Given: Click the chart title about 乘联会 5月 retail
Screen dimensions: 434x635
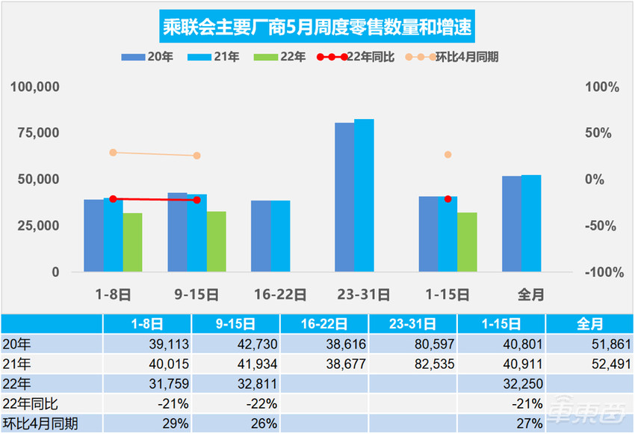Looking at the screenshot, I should (x=317, y=28).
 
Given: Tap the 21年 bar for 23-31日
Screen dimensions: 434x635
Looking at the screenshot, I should (x=364, y=195).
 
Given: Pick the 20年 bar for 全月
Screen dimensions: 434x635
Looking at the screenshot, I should (x=512, y=224).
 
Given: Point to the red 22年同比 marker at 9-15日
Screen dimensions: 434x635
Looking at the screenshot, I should (x=197, y=200).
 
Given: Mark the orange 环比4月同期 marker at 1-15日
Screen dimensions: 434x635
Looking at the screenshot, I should (x=448, y=155).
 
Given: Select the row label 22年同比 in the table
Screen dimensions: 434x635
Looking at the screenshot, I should (x=30, y=403).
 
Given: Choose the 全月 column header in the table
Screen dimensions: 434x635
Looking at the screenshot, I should (x=590, y=324).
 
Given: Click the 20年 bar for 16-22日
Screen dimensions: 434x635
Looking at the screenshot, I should (x=261, y=236).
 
